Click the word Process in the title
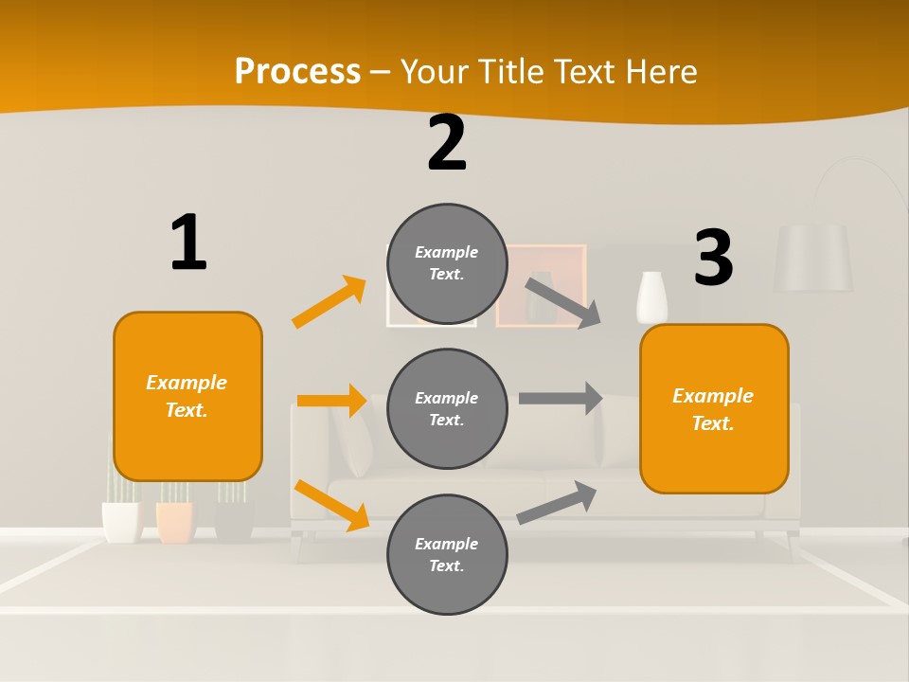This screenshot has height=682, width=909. pos(297,71)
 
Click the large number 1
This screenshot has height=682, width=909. pos(188,242)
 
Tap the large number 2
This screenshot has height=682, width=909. pos(447,143)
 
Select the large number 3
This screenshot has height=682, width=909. pos(713,258)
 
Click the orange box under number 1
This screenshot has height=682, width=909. pos(187,396)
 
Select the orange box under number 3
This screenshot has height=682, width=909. pos(714,409)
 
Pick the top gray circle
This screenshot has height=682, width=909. pos(447,263)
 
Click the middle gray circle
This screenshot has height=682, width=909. pos(447,408)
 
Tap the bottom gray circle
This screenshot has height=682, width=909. pos(447,554)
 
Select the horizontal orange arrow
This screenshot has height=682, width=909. pos(331,401)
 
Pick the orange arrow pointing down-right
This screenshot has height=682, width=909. pos(331,505)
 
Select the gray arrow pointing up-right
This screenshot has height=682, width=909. pos(558,502)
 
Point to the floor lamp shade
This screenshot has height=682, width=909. pos(812,258)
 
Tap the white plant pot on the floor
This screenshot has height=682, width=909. pos(121,522)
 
